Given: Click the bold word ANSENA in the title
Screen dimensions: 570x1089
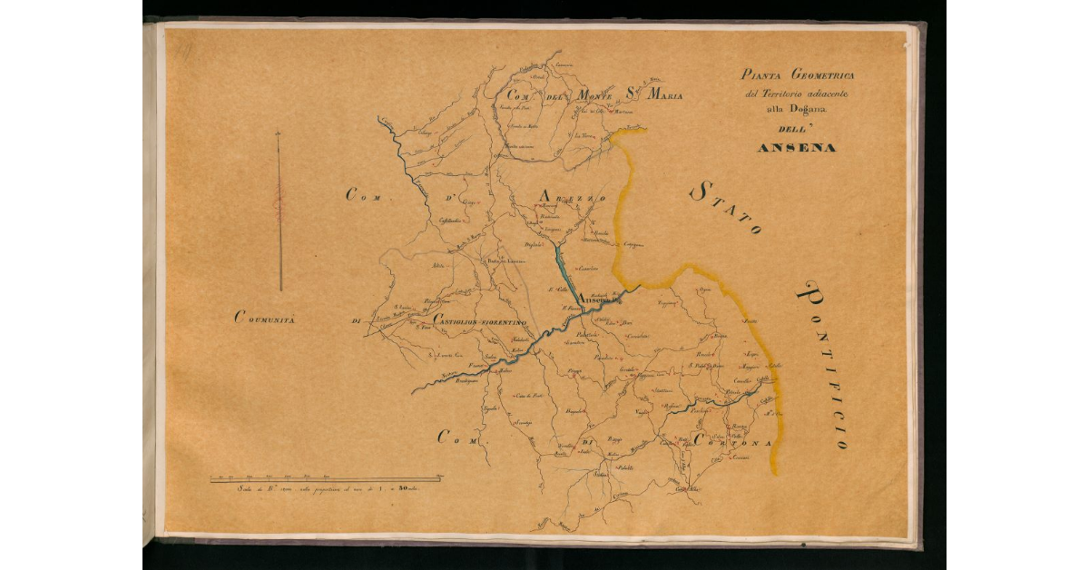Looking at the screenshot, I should pyautogui.click(x=796, y=147).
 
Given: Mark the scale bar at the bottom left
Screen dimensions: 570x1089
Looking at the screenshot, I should pyautogui.click(x=325, y=478).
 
